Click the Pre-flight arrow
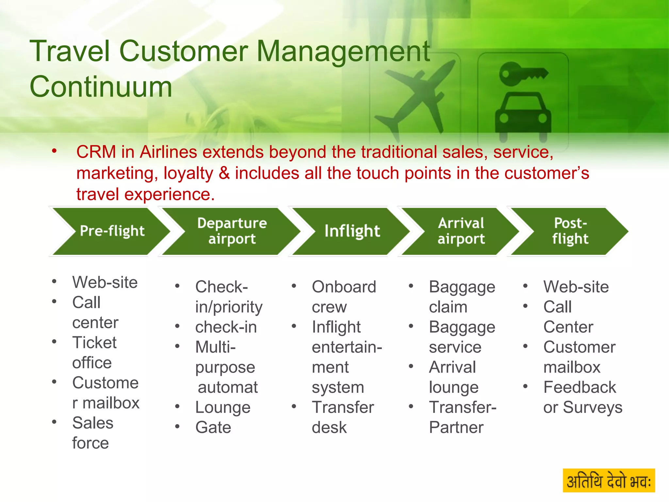[111, 231]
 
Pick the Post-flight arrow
[570, 231]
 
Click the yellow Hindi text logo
[609, 480]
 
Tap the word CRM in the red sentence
[96, 152]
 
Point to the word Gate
[213, 427]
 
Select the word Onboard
[344, 287]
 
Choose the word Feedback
[580, 387]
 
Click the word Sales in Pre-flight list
[93, 423]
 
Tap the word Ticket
[94, 343]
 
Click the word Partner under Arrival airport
[456, 427]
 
